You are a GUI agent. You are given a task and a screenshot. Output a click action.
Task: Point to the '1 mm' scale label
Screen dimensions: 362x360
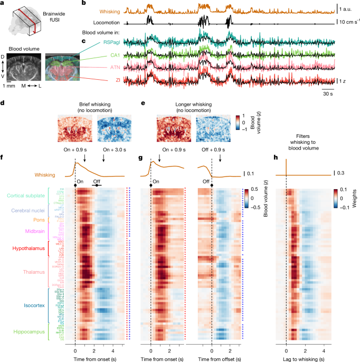pyautogui.click(x=8, y=85)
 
